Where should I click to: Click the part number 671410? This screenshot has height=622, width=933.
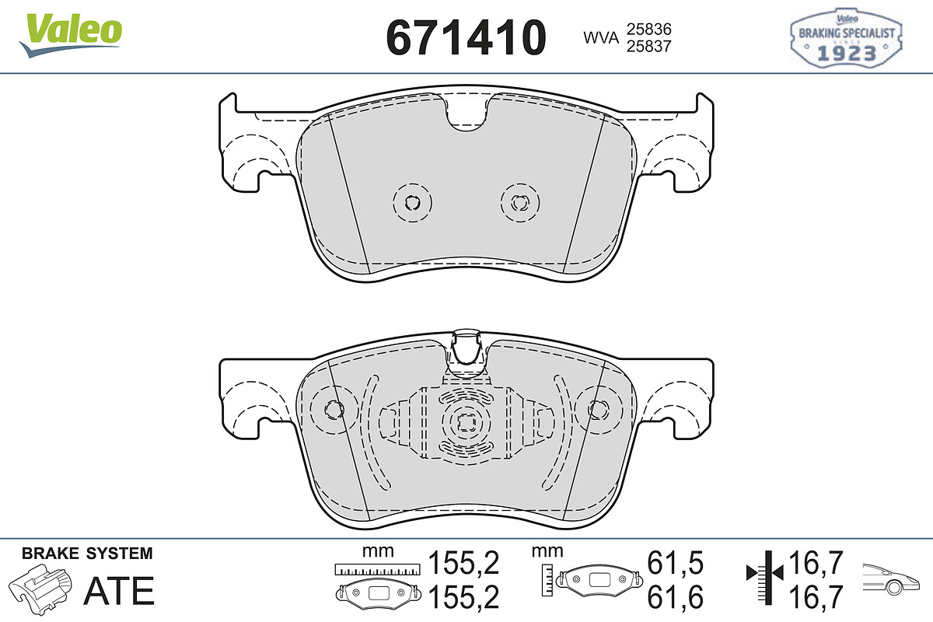pos(466,37)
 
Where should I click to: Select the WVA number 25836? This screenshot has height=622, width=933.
pos(649,30)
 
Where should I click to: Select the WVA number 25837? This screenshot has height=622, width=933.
pos(649,46)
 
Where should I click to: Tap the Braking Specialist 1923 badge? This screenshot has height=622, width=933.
pos(846,38)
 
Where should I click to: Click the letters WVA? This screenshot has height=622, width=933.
pos(601,37)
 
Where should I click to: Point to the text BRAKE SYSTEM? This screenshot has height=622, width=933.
pos(87,554)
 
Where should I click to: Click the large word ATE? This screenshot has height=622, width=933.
pos(119,591)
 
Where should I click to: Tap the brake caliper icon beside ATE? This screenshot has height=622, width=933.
pos(40,589)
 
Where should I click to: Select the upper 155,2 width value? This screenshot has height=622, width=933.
pos(463,563)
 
